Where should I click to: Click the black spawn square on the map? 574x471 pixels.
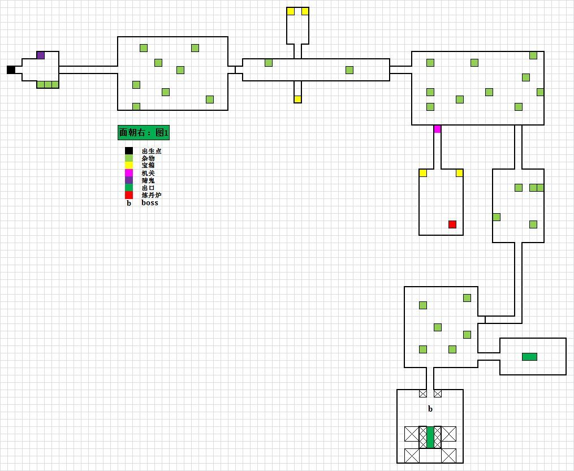point(11,70)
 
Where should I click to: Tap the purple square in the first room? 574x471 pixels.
point(41,55)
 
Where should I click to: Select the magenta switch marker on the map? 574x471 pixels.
point(437,129)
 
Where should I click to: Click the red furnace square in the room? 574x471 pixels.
point(452,224)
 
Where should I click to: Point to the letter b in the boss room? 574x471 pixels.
point(430,409)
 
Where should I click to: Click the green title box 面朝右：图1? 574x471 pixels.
point(144,133)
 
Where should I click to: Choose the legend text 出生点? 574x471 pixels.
point(152,151)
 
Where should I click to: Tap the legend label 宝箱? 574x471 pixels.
point(148,166)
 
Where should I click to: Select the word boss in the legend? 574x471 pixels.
point(150,202)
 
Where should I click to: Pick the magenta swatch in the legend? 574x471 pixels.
point(129,173)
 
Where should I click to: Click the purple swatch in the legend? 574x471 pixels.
point(129,180)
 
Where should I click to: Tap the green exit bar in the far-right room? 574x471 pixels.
point(529,357)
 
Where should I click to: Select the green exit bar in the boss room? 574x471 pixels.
point(430,437)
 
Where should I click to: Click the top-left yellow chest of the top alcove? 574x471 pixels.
point(291,11)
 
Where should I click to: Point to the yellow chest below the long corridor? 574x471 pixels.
point(298,99)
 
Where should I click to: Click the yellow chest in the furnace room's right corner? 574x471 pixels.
point(459,173)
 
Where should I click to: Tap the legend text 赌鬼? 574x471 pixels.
point(148,180)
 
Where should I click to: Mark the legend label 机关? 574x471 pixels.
point(148,173)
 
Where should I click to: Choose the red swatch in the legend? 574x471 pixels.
point(129,195)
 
